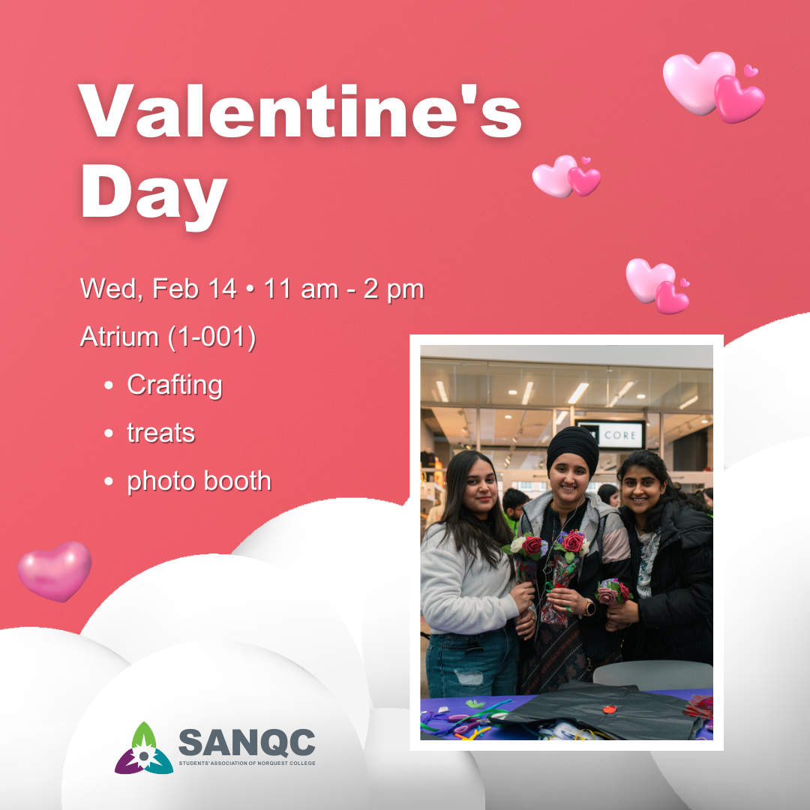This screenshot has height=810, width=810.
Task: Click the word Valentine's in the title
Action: pos(299,111)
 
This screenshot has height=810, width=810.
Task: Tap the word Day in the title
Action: pos(154,195)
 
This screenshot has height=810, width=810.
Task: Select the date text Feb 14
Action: pos(194,288)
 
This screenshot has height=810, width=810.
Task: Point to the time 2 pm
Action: pos(394,289)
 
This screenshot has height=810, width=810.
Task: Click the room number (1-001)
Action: pos(211,337)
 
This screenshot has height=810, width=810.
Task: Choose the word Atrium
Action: pos(119,337)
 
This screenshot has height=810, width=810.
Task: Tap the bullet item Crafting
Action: pos(175,385)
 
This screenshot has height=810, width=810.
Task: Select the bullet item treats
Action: pos(160,433)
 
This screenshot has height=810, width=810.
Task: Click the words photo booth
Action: pos(199,481)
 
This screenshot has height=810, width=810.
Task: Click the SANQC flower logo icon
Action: pos(143,749)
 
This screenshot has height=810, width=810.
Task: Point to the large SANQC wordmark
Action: pos(247,742)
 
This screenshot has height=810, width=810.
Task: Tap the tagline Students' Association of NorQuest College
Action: pos(247,763)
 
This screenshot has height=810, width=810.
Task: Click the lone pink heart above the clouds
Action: pos(55,571)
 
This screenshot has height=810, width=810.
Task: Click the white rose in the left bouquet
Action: pos(517,544)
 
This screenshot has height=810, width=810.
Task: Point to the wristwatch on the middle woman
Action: pos(589,607)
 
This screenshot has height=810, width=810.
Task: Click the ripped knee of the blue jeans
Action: pos(469,676)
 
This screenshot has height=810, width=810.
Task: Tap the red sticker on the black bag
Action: pos(610,709)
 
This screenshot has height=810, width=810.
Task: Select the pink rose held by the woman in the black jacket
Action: pos(607,595)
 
